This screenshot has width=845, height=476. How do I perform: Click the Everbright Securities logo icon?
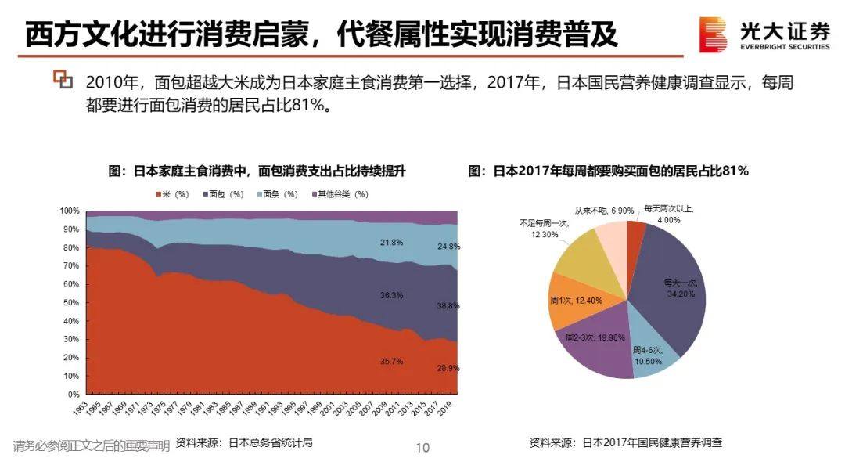pyautogui.click(x=714, y=36)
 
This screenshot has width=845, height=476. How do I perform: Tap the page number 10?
pyautogui.click(x=422, y=448)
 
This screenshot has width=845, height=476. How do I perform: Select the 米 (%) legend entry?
pyautogui.click(x=173, y=194)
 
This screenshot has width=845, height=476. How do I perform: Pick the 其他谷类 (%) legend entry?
pyautogui.click(x=340, y=194)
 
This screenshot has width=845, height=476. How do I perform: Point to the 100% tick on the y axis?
pyautogui.click(x=70, y=211)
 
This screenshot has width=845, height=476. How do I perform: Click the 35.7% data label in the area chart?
pyautogui.click(x=390, y=362)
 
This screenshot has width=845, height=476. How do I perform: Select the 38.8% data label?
pyautogui.click(x=448, y=306)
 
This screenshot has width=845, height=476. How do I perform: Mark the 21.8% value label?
pyautogui.click(x=390, y=243)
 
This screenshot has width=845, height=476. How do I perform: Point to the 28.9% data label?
pyautogui.click(x=448, y=368)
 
